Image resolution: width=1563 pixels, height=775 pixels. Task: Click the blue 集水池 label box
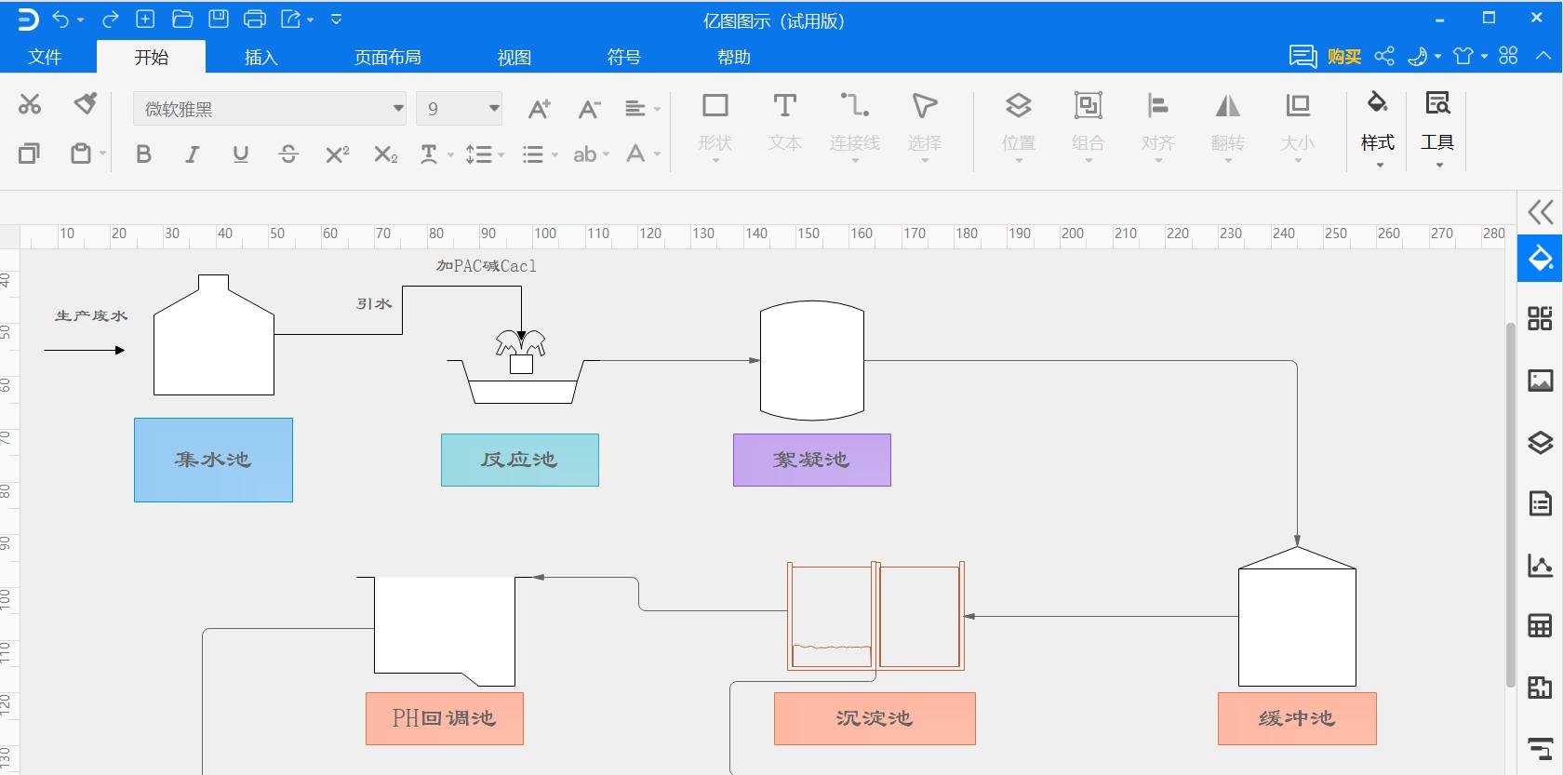point(213,460)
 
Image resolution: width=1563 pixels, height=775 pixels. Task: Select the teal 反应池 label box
point(519,460)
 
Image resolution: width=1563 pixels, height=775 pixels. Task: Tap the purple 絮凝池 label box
point(811,460)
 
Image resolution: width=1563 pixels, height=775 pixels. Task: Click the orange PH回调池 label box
point(444,718)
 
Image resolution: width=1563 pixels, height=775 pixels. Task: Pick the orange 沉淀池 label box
point(874,718)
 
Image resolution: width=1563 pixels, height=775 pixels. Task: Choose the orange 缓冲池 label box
point(1296,718)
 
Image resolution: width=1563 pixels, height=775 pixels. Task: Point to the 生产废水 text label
point(91,316)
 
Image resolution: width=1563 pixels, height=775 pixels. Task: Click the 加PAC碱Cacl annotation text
point(486,266)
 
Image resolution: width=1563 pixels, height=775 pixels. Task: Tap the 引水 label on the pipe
point(374,304)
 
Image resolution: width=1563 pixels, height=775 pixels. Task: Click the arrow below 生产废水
point(84,350)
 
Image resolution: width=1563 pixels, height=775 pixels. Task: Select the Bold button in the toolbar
point(143,154)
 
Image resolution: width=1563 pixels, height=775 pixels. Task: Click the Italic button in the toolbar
point(192,154)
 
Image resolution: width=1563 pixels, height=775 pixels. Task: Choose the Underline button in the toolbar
point(240,154)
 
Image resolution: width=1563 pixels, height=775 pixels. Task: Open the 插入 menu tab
point(260,58)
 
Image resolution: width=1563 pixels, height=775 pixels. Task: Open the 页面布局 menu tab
point(387,58)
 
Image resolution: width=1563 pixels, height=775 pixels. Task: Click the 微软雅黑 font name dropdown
point(269,109)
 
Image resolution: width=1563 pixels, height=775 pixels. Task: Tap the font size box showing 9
point(458,109)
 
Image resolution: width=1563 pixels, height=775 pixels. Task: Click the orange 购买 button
point(1343,58)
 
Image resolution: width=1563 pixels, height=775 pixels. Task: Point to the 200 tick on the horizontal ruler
point(1072,234)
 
